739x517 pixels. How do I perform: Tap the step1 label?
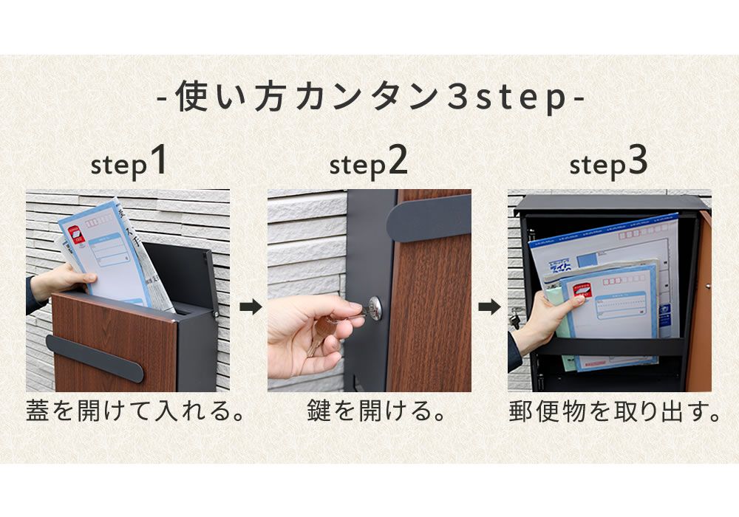click(128, 164)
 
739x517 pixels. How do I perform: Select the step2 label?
click(368, 164)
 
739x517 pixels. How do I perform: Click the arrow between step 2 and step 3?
click(489, 306)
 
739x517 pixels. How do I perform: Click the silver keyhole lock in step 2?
click(375, 308)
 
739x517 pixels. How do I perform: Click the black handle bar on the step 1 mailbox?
click(95, 357)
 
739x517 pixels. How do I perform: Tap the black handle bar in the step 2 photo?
click(429, 216)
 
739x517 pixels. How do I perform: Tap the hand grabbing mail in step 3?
click(543, 318)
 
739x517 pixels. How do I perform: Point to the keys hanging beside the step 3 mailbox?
click(514, 318)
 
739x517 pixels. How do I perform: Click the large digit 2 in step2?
click(397, 161)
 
